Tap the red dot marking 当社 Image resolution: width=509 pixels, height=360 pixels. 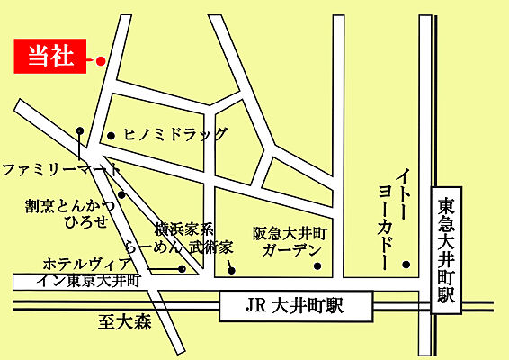click(101, 61)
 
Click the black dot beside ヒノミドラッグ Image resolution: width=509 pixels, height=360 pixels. click(111, 136)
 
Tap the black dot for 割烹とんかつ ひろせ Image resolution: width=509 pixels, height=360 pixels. click(121, 194)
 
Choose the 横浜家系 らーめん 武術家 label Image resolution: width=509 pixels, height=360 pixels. click(190, 237)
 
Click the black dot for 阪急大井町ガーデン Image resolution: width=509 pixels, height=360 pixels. click(317, 265)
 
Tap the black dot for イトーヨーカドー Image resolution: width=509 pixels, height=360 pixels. click(406, 265)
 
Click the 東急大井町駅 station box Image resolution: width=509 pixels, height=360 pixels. click(446, 249)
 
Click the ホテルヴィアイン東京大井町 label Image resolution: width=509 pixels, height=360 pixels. click(88, 272)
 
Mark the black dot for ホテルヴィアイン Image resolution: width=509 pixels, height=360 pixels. click(182, 268)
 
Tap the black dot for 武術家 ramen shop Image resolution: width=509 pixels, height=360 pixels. click(231, 268)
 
